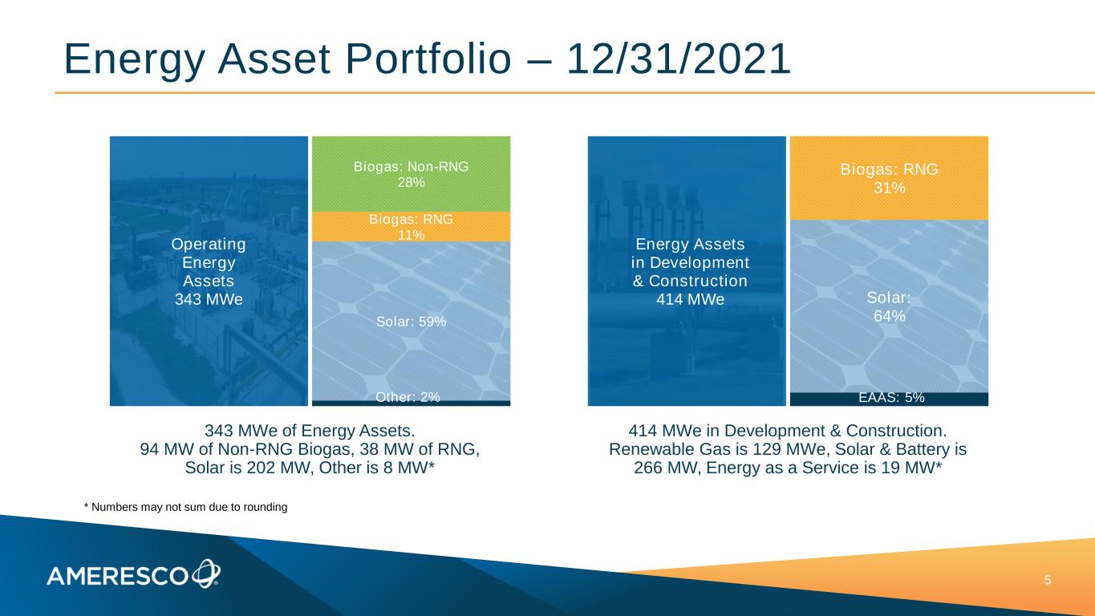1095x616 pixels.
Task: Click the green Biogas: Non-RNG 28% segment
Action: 411,174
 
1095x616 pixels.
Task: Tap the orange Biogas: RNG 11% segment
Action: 411,227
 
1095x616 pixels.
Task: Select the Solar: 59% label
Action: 411,322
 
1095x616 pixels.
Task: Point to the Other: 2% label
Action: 408,397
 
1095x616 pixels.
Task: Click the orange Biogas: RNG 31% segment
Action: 889,178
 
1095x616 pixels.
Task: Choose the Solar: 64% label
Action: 889,306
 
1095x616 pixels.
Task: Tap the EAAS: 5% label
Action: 892,398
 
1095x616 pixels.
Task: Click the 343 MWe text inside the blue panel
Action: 209,299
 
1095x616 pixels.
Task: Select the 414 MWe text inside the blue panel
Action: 690,299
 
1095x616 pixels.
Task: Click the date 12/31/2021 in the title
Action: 679,59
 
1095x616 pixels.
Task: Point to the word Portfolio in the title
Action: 428,59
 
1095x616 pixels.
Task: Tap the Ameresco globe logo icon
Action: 206,573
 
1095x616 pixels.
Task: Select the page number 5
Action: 1048,581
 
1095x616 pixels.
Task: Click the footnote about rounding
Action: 186,507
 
